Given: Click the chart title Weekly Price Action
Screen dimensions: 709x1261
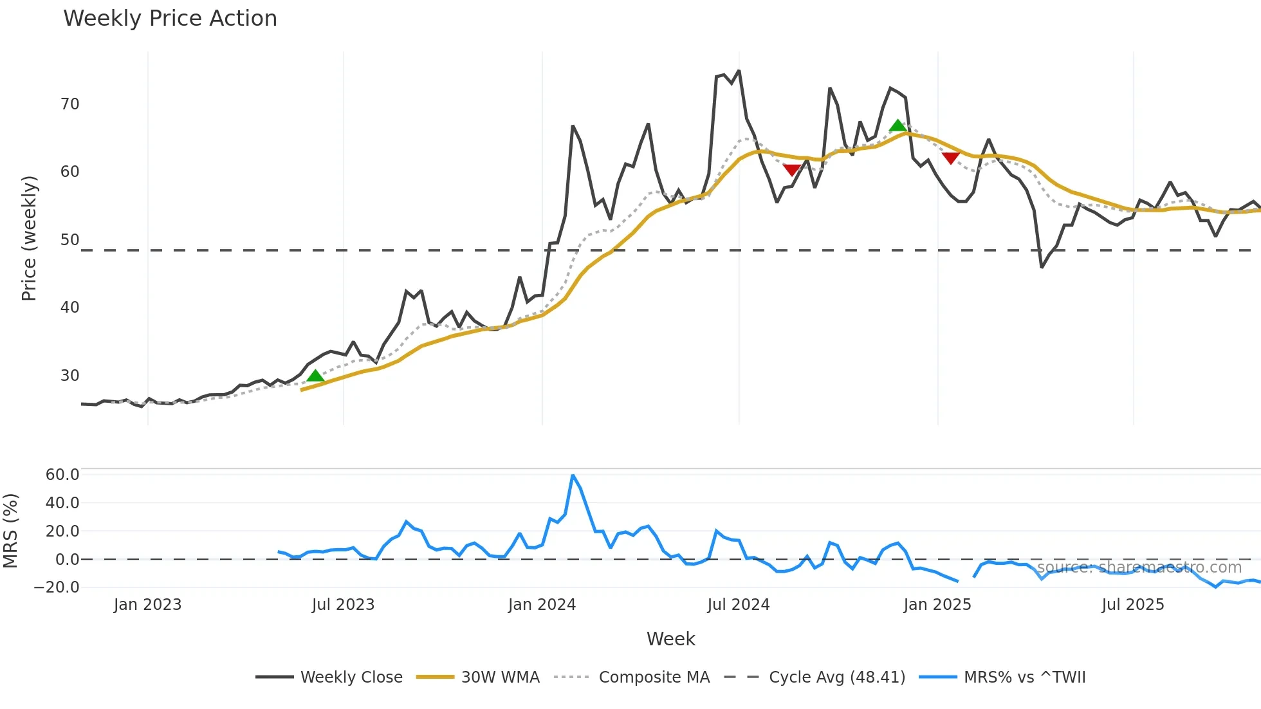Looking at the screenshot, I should pos(170,19).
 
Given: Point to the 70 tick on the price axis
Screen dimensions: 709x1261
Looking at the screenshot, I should pos(69,104).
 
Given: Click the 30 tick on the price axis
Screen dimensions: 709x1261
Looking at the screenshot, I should pos(69,376).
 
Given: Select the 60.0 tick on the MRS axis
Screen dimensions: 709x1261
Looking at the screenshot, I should pos(62,475).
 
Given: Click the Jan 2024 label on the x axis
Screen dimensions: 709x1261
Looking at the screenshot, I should pos(542,605).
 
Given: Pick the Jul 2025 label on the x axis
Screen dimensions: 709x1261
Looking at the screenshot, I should pos(1132,605).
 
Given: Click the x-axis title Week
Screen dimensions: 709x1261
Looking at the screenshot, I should pos(670,639).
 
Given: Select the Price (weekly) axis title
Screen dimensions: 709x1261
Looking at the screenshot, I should pos(29,238).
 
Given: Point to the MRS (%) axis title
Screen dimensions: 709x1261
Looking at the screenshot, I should pos(10,531).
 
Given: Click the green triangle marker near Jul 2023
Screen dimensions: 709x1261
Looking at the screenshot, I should pos(315,376).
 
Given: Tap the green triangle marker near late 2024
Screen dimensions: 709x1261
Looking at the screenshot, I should pos(897,125).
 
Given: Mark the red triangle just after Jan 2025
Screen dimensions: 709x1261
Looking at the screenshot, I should pos(950,158).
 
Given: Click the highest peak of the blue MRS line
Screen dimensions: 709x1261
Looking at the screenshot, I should pos(573,475).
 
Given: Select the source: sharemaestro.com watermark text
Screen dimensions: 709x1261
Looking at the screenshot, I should pos(1139,567).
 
